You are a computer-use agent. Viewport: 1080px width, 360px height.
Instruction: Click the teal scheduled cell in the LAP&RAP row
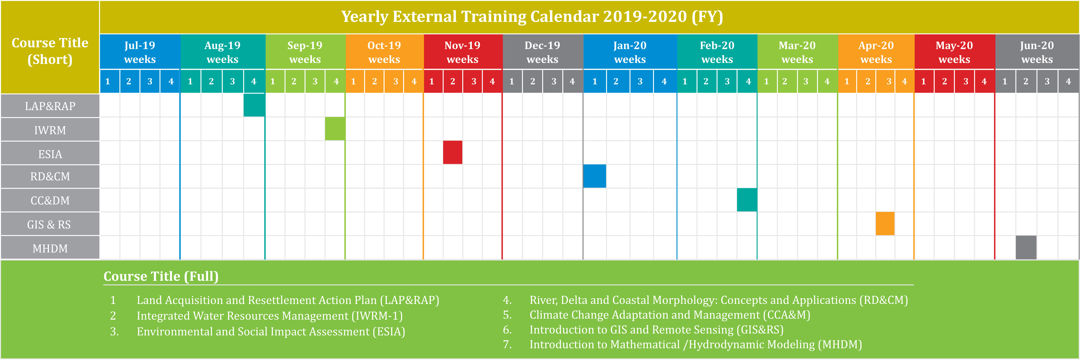click(254, 105)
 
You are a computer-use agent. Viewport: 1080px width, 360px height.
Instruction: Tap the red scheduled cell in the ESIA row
click(453, 153)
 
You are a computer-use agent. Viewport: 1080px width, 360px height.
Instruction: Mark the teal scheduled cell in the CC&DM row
click(747, 200)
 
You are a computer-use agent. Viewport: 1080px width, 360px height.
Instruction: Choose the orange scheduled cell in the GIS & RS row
click(885, 224)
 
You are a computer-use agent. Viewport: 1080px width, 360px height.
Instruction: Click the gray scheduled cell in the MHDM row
click(1026, 248)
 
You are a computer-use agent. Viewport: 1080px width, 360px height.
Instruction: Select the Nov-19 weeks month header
click(462, 52)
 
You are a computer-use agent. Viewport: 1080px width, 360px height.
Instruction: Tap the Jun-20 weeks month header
click(1037, 52)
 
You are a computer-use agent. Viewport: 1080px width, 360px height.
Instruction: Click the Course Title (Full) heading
click(161, 276)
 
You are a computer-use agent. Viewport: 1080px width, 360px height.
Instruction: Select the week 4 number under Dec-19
click(572, 81)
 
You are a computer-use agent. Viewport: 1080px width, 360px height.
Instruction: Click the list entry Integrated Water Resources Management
click(269, 316)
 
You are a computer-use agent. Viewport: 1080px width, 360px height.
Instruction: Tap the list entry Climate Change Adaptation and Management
click(670, 315)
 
